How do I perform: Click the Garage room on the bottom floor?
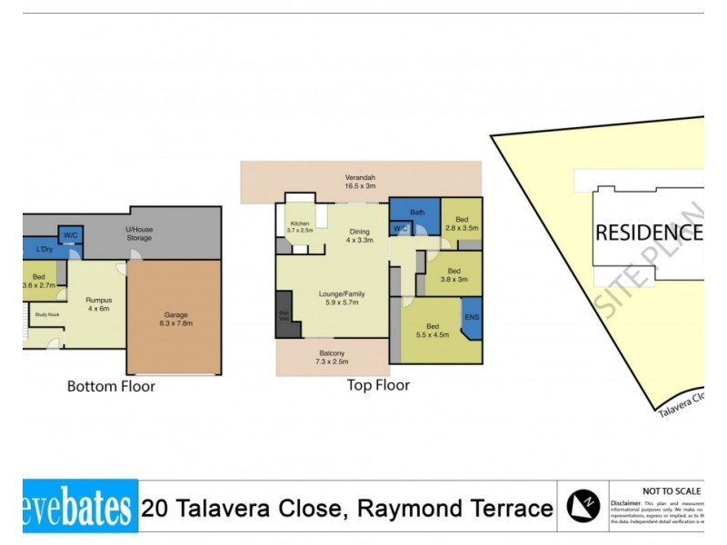173,318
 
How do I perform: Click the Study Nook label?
46,315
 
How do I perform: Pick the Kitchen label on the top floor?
299,227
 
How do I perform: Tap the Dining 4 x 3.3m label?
360,236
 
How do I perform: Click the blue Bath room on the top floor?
416,212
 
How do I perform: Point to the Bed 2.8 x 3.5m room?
463,223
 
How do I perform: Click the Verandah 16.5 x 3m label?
360,182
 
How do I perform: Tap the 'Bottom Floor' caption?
111,386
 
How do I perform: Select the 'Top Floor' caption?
378,384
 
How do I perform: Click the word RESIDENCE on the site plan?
648,233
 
